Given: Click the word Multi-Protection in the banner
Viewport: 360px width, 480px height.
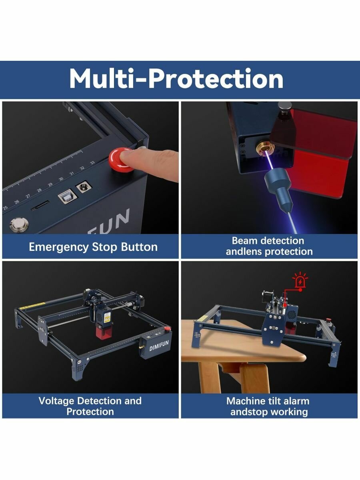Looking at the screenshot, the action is [176, 78].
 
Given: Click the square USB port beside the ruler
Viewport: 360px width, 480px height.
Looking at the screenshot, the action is [68, 196].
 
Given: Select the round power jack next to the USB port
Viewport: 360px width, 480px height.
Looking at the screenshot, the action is [84, 186].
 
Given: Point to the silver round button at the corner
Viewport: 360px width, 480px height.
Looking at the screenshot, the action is [19, 224].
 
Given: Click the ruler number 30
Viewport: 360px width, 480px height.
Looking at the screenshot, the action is [61, 179].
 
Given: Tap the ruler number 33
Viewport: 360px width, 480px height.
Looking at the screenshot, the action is [92, 162].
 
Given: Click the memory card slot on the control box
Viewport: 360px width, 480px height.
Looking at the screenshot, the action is [40, 206].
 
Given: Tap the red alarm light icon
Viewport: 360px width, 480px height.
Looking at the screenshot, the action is [300, 280].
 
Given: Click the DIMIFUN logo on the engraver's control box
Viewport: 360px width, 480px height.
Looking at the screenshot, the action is [159, 345].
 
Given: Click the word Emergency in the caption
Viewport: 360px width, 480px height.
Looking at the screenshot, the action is [58, 247].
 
